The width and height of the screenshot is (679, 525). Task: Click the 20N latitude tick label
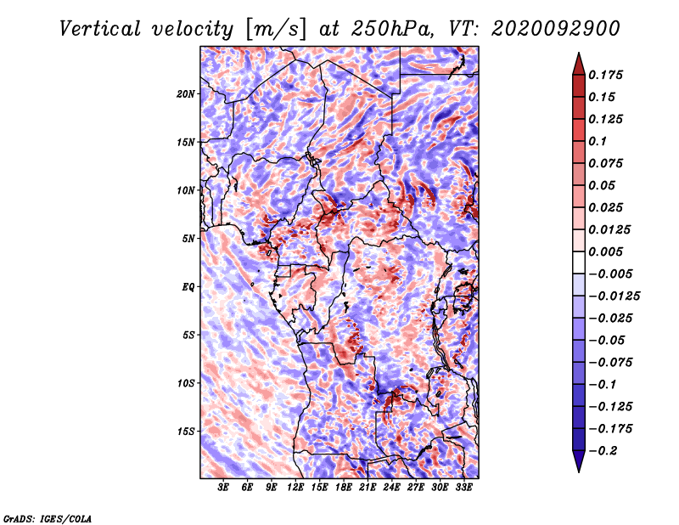coord(186,94)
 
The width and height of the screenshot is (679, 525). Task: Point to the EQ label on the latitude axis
coord(188,287)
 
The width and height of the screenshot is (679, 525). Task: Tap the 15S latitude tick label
coord(186,432)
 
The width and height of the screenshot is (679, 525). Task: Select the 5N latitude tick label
coord(188,239)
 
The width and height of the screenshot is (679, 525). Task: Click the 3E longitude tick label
coord(223,488)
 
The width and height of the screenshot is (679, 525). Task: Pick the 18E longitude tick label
coord(343,488)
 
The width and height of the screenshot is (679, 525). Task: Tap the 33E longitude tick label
coord(463,488)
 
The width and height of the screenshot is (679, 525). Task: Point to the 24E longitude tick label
coord(391,488)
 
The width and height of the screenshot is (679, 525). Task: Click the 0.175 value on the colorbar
coord(605,75)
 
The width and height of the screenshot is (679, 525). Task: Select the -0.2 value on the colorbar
coord(603,451)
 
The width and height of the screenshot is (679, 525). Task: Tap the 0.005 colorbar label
coord(605,251)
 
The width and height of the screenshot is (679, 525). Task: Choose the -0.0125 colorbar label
coord(614,296)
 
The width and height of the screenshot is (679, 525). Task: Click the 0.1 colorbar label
coord(598,141)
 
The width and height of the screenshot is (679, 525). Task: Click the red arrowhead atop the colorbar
coord(579,64)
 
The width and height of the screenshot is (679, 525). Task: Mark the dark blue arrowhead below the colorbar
coord(579,461)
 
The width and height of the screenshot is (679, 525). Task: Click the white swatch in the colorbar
coord(579,262)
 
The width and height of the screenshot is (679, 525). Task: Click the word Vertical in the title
coord(100,29)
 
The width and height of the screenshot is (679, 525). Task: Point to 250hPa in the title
coord(391,29)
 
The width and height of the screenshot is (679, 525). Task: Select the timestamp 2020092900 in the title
coord(556,29)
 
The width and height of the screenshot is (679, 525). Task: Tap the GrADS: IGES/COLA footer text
coord(48,518)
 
